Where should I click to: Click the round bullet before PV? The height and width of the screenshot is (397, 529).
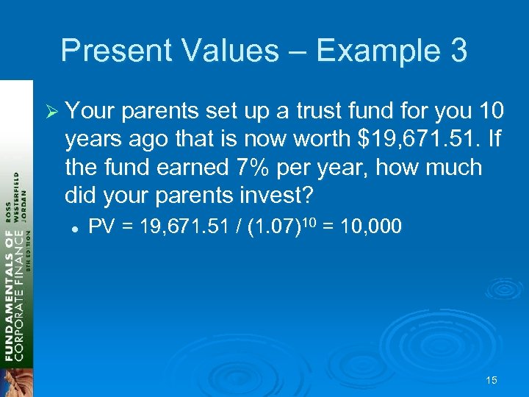[75, 228]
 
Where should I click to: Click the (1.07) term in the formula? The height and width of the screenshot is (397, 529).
[273, 227]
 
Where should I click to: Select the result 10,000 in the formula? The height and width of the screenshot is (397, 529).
[371, 227]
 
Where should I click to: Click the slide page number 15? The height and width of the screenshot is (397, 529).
[492, 380]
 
